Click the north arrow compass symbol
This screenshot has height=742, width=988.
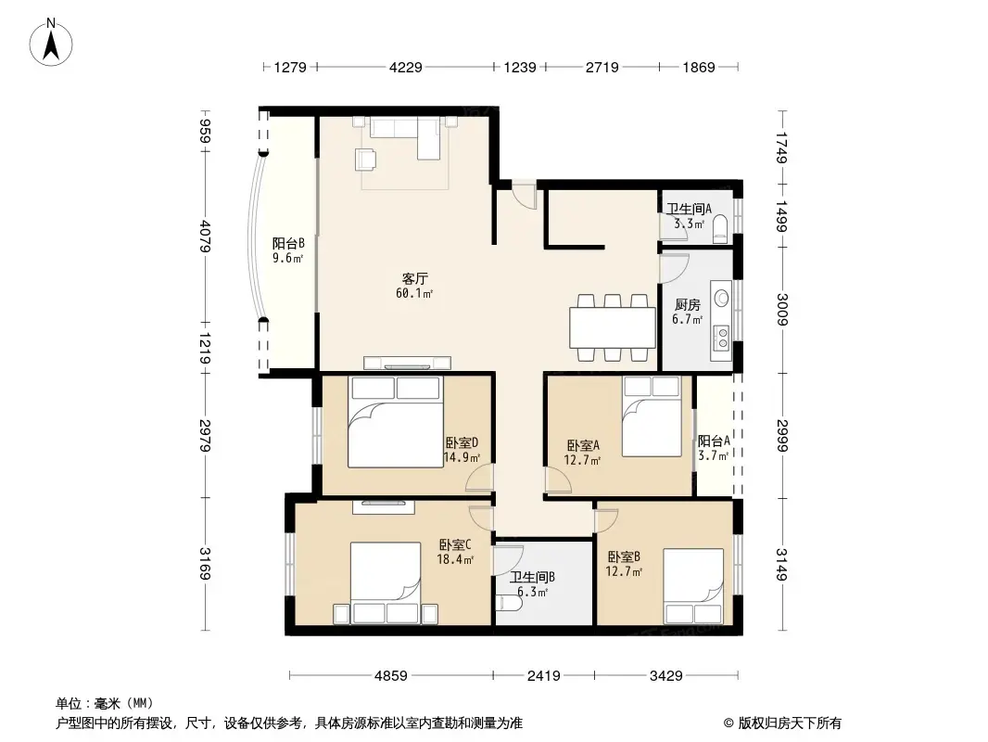point(51,42)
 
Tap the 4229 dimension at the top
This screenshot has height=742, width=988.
point(406,67)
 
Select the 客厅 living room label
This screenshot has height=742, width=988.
point(415,278)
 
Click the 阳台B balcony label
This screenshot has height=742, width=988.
point(288,243)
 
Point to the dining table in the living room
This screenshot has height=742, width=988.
point(613,327)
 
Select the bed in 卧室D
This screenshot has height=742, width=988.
point(396,422)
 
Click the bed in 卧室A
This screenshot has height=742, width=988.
point(652,416)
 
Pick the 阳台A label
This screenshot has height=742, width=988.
point(714,441)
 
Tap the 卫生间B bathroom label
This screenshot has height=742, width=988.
point(532,577)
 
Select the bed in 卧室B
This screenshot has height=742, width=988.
point(693,586)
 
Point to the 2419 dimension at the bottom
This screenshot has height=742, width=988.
point(544,676)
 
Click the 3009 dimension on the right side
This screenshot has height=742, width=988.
point(782,310)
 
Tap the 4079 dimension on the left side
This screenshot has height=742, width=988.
point(205,236)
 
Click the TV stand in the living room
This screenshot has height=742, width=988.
point(407,364)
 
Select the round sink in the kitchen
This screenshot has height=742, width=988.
point(721,298)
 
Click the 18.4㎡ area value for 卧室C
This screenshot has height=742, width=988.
point(455,559)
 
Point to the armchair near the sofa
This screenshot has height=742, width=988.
point(366,159)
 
